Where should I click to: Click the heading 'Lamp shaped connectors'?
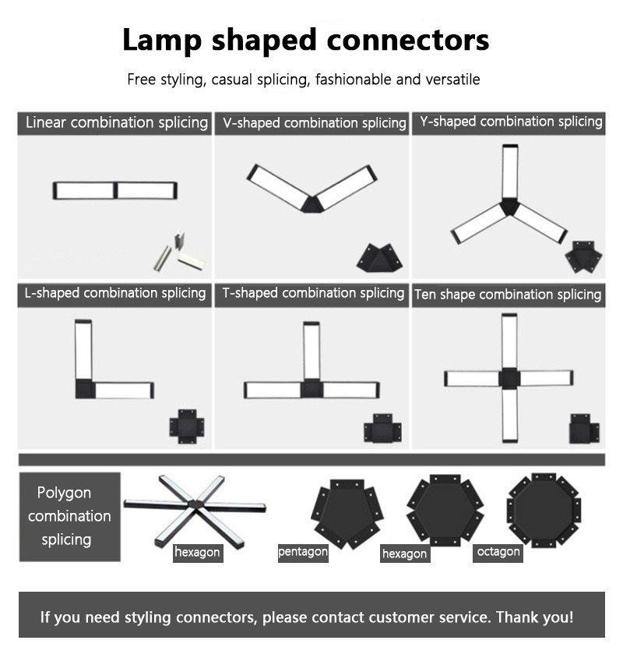tap(306, 40)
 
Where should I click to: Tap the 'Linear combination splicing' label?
tap(117, 122)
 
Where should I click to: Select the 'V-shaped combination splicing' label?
tap(315, 123)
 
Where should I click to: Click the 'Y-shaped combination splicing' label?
tap(511, 122)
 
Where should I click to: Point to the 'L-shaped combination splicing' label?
tap(115, 293)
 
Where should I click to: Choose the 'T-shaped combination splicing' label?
tap(313, 293)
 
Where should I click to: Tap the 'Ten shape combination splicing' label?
tap(508, 295)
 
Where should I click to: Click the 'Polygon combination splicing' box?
tap(70, 516)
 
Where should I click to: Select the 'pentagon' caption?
tap(303, 552)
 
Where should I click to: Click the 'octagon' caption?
tap(498, 552)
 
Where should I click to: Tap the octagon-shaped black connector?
tap(544, 510)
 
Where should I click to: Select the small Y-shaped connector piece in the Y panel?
tap(583, 256)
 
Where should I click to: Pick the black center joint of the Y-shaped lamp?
tap(509, 207)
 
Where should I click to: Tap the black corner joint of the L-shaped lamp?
tap(85, 389)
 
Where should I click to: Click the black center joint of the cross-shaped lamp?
tap(509, 378)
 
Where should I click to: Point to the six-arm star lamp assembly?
tap(195, 510)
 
